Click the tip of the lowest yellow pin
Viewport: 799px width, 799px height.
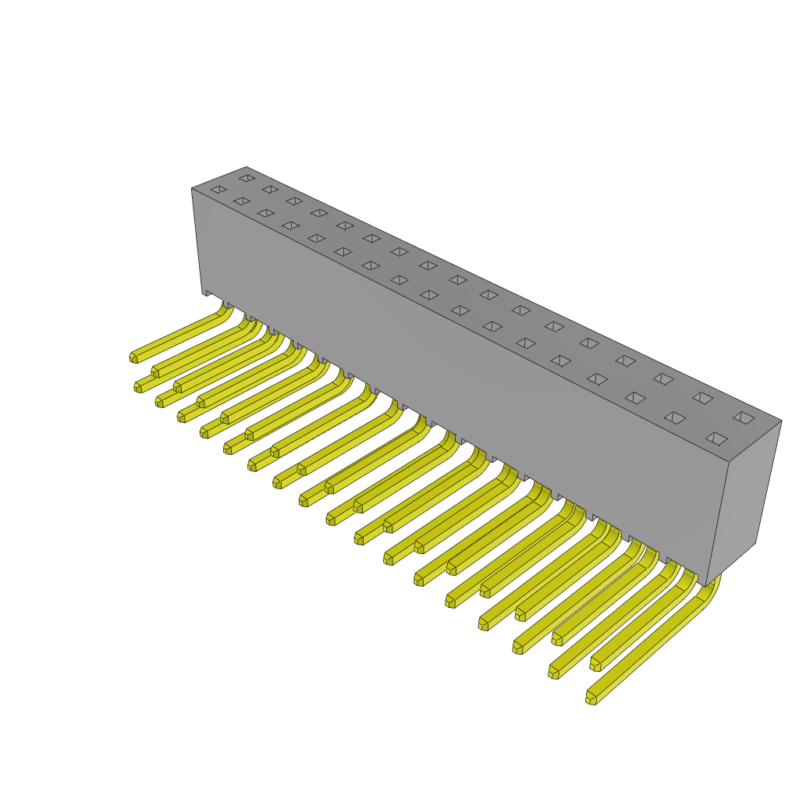point(591,699)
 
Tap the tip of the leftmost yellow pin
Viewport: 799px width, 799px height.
point(133,357)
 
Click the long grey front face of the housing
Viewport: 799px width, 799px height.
point(453,375)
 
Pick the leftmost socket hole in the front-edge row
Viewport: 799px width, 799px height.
point(218,189)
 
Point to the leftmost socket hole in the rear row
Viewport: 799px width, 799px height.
point(247,178)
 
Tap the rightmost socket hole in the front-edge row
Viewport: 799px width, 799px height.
point(716,439)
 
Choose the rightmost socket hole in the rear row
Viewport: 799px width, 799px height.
point(744,417)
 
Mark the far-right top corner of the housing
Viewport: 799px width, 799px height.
point(781,421)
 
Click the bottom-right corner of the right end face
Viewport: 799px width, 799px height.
point(755,543)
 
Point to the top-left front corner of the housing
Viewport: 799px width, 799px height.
point(192,189)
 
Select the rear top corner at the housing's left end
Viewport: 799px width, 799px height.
point(246,167)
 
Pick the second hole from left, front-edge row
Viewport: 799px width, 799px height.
point(241,201)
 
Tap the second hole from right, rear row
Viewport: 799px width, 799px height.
point(702,398)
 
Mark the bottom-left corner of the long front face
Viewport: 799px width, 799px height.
point(202,293)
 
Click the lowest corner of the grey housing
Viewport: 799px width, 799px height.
point(706,585)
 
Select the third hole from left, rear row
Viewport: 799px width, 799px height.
point(293,201)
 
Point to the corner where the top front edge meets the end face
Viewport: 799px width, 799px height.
point(729,462)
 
